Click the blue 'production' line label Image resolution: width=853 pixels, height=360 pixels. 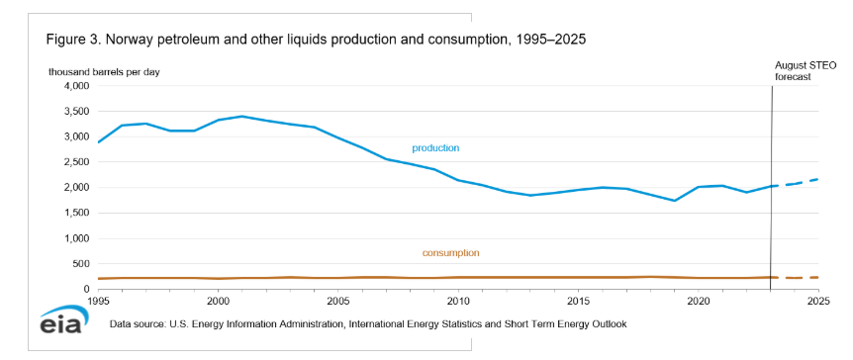pos(435,148)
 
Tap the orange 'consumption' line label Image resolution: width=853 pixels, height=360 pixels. pos(450,253)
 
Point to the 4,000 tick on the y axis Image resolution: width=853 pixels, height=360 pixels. pos(78,86)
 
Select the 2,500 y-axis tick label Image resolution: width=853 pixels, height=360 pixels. pos(78,162)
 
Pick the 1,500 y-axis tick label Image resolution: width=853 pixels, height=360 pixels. pos(78,214)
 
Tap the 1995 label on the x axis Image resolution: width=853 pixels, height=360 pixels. pos(98,301)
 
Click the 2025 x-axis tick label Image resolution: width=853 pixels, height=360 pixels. pos(818,301)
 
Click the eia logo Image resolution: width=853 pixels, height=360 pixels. pos(61,319)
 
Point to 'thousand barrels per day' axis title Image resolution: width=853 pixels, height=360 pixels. pos(104,72)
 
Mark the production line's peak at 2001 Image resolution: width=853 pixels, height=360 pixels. pos(242,116)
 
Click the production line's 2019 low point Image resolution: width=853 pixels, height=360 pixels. pos(675,201)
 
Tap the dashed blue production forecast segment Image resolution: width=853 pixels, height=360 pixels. pos(795,183)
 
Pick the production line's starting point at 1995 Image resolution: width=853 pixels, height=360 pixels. pos(98,142)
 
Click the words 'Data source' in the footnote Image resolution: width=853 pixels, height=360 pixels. pos(134,324)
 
